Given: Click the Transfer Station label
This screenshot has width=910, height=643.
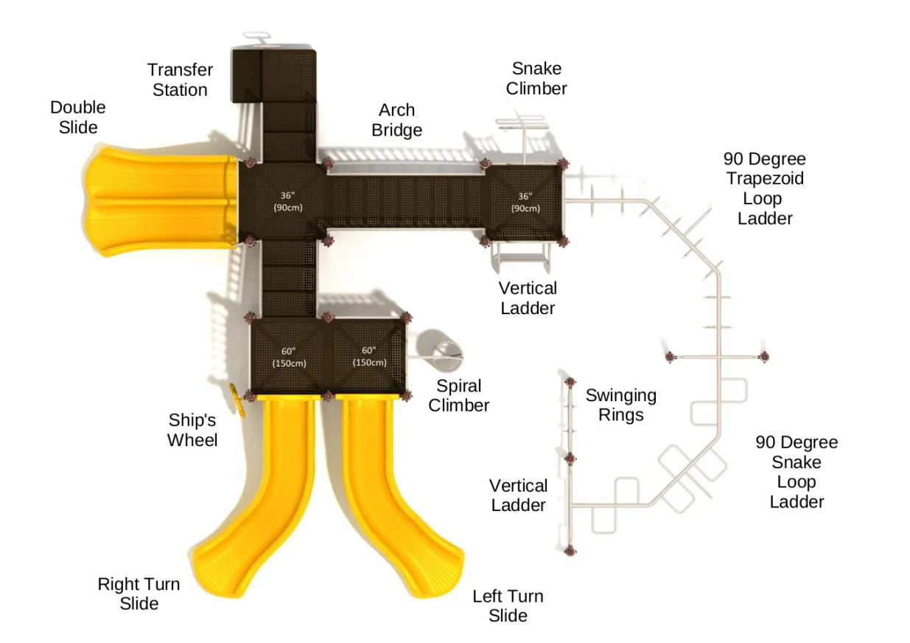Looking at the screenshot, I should [180, 80].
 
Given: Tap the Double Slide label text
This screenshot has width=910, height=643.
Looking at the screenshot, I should [77, 117].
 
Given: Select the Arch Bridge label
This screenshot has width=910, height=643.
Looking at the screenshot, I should [396, 120].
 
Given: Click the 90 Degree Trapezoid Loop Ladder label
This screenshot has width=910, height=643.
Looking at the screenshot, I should [764, 189].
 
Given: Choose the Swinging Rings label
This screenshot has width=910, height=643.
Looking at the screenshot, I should [620, 405].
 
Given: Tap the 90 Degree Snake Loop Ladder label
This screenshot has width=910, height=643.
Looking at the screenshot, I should [796, 472].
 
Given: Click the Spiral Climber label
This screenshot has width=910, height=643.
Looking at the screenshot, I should [458, 395].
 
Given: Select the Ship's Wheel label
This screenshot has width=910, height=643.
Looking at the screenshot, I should [192, 430].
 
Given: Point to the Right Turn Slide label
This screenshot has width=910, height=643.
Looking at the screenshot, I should [139, 594].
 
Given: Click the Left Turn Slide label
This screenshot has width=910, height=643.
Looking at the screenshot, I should [508, 605].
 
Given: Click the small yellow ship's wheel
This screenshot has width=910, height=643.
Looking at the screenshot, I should [237, 400].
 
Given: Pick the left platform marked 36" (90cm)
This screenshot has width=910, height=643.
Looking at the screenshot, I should [287, 201].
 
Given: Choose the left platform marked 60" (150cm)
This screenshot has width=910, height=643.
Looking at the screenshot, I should [289, 357].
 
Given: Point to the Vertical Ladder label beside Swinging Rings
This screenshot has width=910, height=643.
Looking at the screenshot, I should [519, 495].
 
